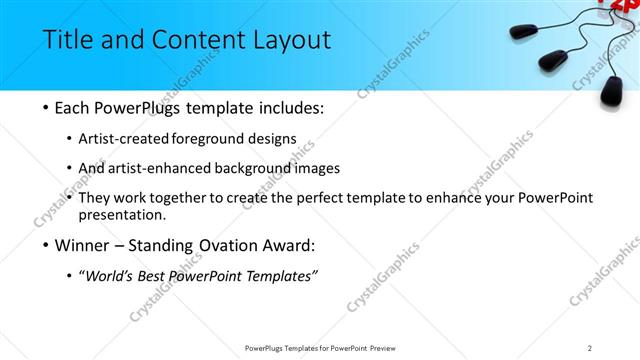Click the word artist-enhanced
click(x=170, y=168)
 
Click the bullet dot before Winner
click(x=47, y=245)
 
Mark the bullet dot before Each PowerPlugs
click(x=47, y=106)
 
